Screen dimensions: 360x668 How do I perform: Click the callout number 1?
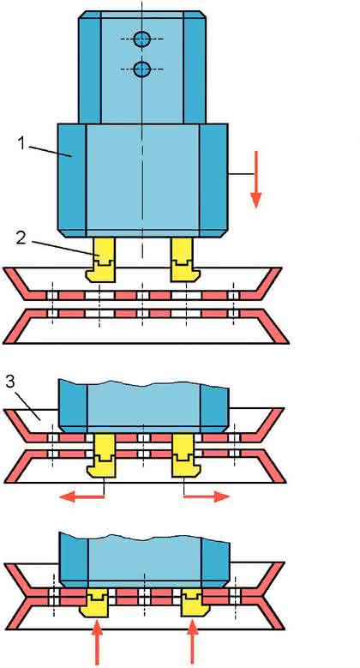pos(22,143)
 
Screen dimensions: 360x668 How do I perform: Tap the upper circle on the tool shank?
pos(141,39)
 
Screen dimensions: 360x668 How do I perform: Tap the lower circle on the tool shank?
pos(141,69)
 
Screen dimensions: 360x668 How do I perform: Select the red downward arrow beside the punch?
pos(255,179)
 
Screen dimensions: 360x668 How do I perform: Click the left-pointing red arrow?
pos(81,496)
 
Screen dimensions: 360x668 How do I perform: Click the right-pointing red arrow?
pos(207,496)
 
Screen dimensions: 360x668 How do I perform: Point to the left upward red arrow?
pos(97,641)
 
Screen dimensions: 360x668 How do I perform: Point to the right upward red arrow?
pos(193,641)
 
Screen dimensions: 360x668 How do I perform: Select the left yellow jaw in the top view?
pos(101,260)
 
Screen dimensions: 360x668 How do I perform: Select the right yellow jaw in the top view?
pos(184,260)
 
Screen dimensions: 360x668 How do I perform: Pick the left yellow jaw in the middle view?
pos(101,455)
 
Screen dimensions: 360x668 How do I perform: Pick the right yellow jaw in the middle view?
pos(186,455)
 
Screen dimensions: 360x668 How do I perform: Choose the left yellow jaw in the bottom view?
pos(95,603)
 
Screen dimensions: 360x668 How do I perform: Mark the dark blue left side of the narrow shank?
pos(90,68)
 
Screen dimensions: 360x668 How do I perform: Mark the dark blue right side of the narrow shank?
pos(195,68)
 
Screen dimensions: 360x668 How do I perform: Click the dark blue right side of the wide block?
pos(213,180)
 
